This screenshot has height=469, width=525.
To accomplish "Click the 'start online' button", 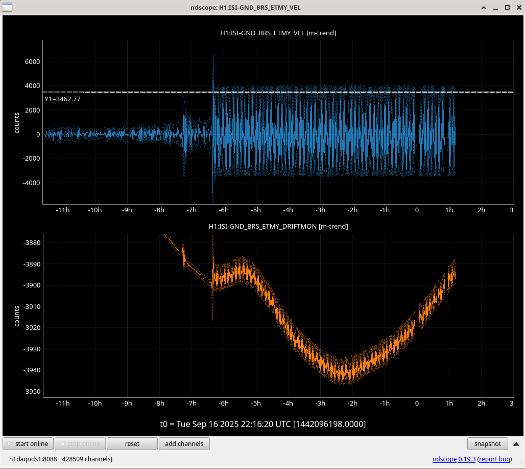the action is [x=28, y=443].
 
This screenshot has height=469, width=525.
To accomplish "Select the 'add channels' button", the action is [x=184, y=443].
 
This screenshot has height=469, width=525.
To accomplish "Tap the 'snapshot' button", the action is [x=488, y=443].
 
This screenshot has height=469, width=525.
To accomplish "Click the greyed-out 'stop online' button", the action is [x=80, y=443].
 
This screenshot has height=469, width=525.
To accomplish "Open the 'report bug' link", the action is [x=494, y=459].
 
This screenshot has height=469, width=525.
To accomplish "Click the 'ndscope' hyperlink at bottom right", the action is [x=444, y=459].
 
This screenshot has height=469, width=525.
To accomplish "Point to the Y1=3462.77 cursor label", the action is [x=63, y=99].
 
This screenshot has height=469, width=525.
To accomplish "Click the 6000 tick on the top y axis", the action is [x=32, y=62].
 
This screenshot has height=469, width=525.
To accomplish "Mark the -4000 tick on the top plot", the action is [x=31, y=183].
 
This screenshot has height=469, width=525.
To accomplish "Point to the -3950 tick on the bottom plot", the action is [x=32, y=392].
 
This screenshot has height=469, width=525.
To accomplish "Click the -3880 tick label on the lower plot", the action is [x=32, y=243].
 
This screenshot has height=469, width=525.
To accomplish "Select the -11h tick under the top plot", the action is [x=63, y=210].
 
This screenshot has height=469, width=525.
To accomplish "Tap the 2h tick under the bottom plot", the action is [x=481, y=404].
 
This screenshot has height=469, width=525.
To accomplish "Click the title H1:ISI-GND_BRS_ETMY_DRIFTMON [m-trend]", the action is [x=278, y=226].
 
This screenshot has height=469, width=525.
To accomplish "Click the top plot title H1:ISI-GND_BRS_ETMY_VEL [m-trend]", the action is [x=278, y=33].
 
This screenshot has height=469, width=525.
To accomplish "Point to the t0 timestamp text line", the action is [x=263, y=424].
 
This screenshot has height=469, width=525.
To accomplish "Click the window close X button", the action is [x=519, y=7].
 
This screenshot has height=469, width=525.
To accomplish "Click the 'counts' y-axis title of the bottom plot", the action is [x=17, y=316].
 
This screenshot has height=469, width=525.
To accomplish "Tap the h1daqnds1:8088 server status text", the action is [x=33, y=459].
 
